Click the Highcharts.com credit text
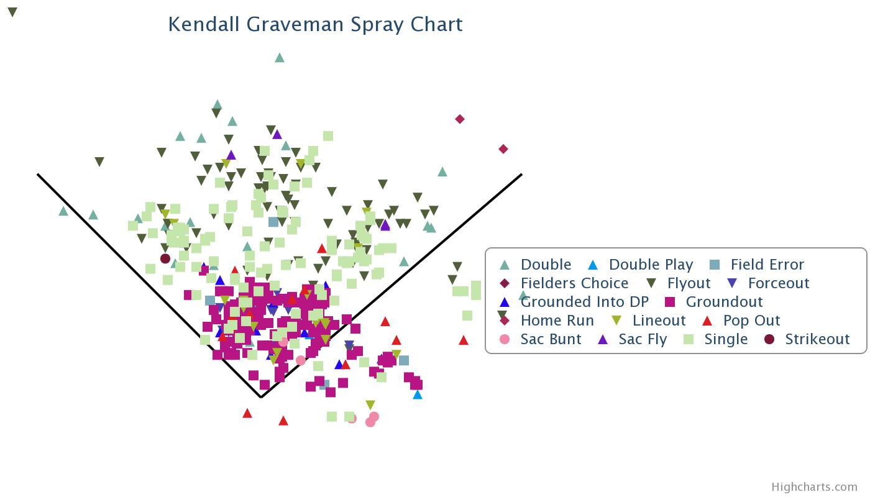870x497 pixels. pos(814,486)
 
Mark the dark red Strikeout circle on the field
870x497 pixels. pos(165,258)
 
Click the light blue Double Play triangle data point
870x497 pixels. pos(418,394)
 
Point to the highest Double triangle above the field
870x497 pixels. pos(280,58)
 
